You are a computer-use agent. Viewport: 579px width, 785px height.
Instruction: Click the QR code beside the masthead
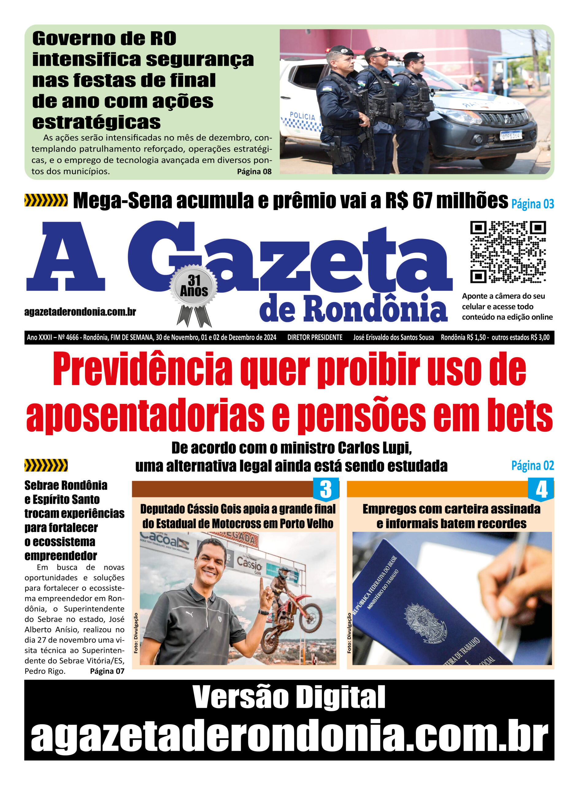coord(508,252)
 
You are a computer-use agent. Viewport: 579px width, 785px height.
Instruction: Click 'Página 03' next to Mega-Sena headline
coord(532,204)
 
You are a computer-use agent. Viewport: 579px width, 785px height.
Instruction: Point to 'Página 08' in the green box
coord(254,171)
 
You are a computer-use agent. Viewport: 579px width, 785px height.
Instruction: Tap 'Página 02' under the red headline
coord(532,466)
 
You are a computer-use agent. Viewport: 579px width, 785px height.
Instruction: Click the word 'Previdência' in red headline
coord(142,371)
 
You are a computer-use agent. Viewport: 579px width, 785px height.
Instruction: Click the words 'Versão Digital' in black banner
coord(289,697)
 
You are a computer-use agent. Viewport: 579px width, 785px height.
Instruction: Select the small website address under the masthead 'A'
coord(80,312)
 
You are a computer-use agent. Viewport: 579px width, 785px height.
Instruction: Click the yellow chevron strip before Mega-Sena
coord(46,200)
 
